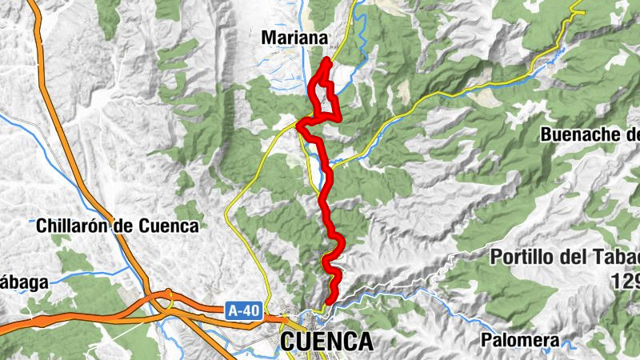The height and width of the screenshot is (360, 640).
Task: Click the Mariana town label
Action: pyautogui.click(x=294, y=38)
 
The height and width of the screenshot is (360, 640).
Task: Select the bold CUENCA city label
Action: pyautogui.click(x=326, y=342)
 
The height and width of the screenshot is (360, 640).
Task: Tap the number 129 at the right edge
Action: pyautogui.click(x=624, y=281)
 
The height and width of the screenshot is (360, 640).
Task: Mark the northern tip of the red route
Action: pyautogui.click(x=327, y=61)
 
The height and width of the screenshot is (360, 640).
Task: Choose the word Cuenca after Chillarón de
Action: pyautogui.click(x=167, y=226)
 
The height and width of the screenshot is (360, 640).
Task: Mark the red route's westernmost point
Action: pyautogui.click(x=298, y=125)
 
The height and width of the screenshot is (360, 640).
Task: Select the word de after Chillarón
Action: pyautogui.click(x=122, y=226)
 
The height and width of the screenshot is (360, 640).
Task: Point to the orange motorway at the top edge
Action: pyautogui.click(x=34, y=6)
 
